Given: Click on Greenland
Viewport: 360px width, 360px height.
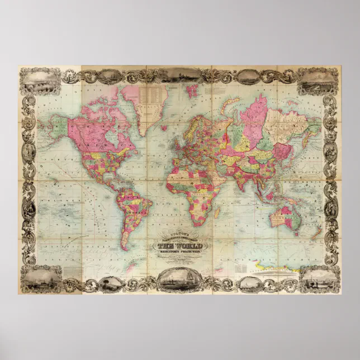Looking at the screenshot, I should click(150, 106).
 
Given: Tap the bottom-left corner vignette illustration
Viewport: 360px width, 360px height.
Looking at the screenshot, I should click(40, 279).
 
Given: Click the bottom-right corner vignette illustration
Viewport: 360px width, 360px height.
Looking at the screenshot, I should click(319, 279).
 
